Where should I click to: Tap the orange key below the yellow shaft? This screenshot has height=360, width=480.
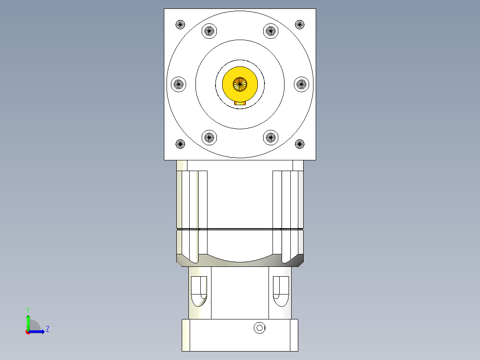240,102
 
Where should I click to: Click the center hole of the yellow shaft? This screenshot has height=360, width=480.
240,83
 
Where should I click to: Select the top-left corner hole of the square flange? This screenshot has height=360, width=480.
180,24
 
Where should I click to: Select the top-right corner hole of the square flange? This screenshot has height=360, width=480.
300,24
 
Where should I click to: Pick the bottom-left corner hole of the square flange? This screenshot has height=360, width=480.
180,144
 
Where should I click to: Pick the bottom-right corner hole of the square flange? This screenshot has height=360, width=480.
300,144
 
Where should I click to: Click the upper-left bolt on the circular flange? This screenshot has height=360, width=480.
209,31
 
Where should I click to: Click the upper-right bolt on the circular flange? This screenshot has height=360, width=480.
270,31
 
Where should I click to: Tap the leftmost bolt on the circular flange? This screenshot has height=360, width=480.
179,84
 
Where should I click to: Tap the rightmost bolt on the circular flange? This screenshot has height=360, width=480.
301,84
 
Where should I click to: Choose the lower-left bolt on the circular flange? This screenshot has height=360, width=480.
209,137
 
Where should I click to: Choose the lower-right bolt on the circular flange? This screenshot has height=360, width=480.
270,137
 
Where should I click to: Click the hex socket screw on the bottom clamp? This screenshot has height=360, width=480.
260,328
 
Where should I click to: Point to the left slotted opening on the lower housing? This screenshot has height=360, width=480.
199,291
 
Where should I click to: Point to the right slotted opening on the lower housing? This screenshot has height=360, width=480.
281,291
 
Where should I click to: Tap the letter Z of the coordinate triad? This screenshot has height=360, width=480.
48,329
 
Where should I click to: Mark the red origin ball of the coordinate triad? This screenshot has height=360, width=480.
28,332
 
